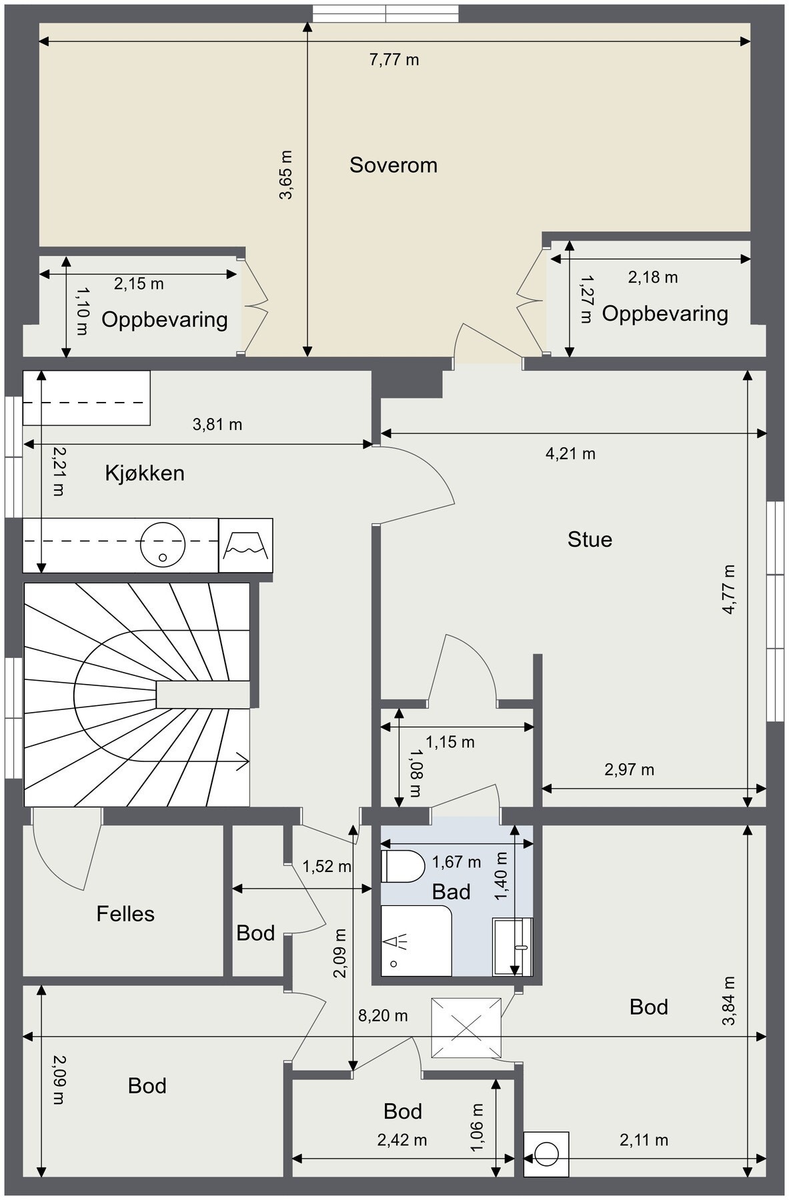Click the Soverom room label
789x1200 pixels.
pyautogui.click(x=393, y=165)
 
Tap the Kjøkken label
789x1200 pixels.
pyautogui.click(x=145, y=473)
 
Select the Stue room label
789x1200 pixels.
pyautogui.click(x=590, y=539)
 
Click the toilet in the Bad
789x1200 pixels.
pyautogui.click(x=403, y=867)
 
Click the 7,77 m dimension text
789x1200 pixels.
pyautogui.click(x=394, y=60)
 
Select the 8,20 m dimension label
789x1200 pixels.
pyautogui.click(x=383, y=1015)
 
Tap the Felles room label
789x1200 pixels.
pyautogui.click(x=125, y=913)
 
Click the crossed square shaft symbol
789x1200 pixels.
pyautogui.click(x=466, y=1027)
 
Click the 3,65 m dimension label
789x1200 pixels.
pyautogui.click(x=286, y=175)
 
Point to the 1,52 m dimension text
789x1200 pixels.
pyautogui.click(x=327, y=867)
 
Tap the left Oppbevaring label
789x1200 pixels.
pyautogui.click(x=165, y=320)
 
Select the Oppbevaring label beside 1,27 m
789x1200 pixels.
pyautogui.click(x=665, y=314)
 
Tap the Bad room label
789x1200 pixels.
pyautogui.click(x=452, y=892)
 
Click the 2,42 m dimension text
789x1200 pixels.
pyautogui.click(x=402, y=1140)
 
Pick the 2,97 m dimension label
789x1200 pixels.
pyautogui.click(x=630, y=770)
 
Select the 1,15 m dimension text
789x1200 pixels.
pyautogui.click(x=450, y=742)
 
